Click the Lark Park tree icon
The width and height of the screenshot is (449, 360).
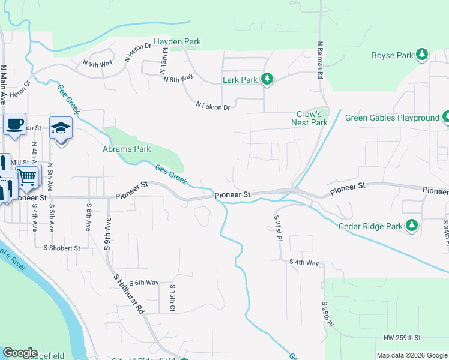(268, 79)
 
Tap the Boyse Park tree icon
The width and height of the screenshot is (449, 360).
(422, 55)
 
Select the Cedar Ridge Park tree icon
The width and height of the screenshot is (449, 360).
(411, 226)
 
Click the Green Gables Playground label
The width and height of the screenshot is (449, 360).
(392, 118)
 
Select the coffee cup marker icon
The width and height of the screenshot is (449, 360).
(14, 124)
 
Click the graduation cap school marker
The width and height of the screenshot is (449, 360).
(60, 128)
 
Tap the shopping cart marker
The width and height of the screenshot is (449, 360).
(27, 176)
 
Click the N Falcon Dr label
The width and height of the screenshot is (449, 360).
(213, 106)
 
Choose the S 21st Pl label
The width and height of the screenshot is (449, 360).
(278, 229)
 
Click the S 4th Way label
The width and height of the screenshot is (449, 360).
(304, 262)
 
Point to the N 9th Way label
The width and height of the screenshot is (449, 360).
(98, 63)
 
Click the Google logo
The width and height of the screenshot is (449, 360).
(20, 353)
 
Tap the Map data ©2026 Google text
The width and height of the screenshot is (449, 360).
(411, 355)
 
